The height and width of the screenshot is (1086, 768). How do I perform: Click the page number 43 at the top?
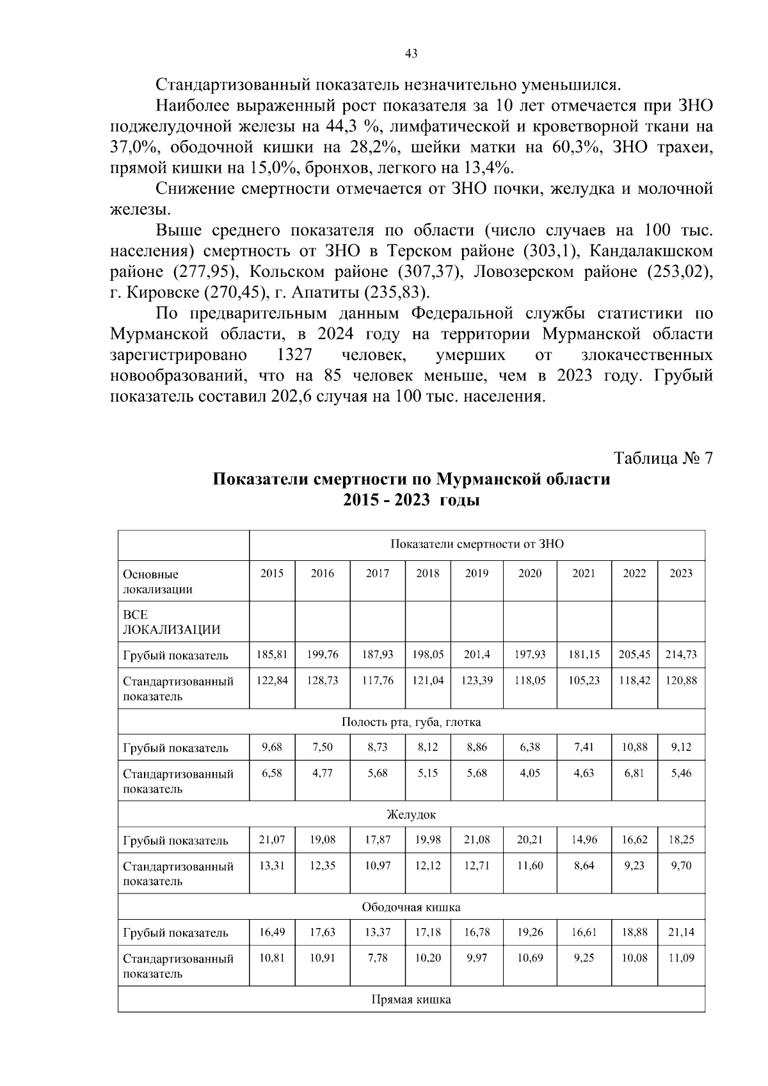click(412, 54)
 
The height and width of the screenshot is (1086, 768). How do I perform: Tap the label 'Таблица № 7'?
click(663, 459)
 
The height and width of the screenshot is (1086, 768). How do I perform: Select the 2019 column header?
click(477, 574)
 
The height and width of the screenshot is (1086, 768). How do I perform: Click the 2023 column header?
click(681, 574)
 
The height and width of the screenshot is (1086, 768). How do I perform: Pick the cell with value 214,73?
click(682, 655)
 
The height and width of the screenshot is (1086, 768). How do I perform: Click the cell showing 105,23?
click(584, 681)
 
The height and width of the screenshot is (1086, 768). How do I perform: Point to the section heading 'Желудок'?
click(411, 815)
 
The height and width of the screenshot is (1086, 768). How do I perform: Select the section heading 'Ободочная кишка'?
click(411, 908)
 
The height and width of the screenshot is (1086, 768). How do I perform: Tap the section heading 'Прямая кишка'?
click(411, 1000)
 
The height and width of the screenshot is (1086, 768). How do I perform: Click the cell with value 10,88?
click(634, 747)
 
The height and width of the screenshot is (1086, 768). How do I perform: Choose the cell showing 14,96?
click(584, 840)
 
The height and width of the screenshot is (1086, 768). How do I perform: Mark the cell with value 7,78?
click(378, 958)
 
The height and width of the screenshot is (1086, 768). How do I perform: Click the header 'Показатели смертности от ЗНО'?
click(477, 545)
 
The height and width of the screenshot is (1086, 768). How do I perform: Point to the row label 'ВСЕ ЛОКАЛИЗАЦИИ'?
click(171, 622)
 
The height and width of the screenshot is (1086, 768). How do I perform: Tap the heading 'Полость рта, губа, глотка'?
click(411, 722)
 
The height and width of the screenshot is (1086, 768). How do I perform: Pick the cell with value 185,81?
click(272, 655)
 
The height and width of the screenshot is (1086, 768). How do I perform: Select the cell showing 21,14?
click(681, 933)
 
